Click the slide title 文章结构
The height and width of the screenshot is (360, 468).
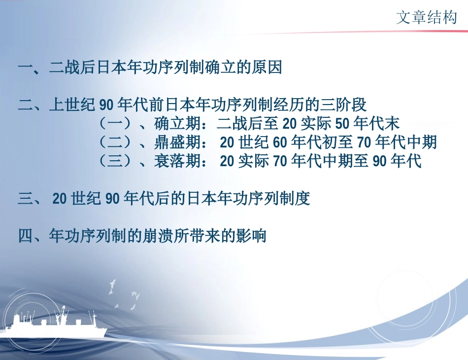click(427, 18)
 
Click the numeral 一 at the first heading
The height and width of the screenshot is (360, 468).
click(25, 68)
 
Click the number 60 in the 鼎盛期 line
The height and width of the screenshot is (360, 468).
click(280, 143)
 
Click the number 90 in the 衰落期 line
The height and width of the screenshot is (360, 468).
click(380, 161)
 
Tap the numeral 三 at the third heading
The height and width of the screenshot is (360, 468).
click(25, 199)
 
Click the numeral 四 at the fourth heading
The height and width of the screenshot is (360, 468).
click(25, 236)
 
